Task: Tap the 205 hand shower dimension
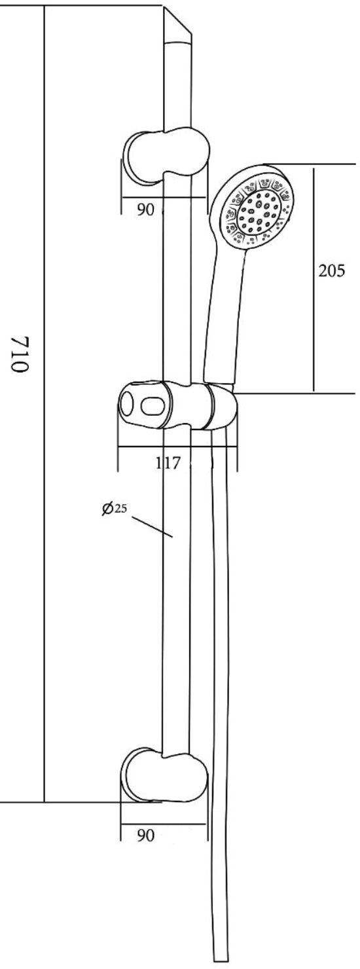click(x=332, y=271)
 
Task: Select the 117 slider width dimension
click(x=168, y=463)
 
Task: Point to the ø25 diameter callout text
click(x=115, y=508)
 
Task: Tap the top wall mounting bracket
click(x=166, y=156)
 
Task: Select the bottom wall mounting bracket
click(x=165, y=777)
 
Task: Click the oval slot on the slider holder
click(x=151, y=406)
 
